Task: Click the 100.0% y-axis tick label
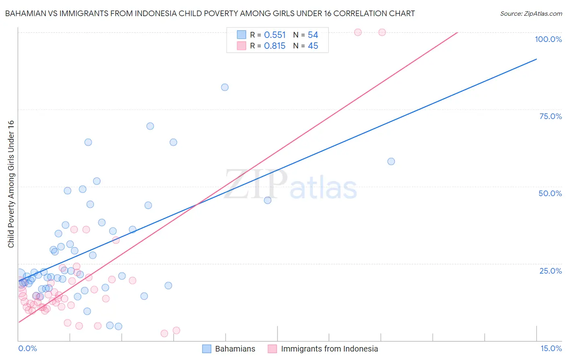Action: [548, 39]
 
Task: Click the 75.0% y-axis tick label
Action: [550, 116]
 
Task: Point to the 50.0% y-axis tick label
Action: [550, 193]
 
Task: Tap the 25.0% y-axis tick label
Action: [550, 271]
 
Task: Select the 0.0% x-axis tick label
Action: [27, 348]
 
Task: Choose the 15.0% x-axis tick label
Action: [551, 348]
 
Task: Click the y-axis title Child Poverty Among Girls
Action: [11, 184]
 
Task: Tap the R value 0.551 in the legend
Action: [275, 35]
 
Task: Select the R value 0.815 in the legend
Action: [275, 46]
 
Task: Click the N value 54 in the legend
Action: [313, 35]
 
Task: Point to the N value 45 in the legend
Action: [313, 46]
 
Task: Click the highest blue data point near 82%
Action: [225, 87]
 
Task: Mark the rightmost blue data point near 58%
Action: [391, 161]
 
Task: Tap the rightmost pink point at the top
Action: [382, 32]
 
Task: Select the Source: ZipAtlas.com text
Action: [531, 14]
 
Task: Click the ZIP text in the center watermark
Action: [256, 184]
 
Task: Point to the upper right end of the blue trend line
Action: [536, 59]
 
